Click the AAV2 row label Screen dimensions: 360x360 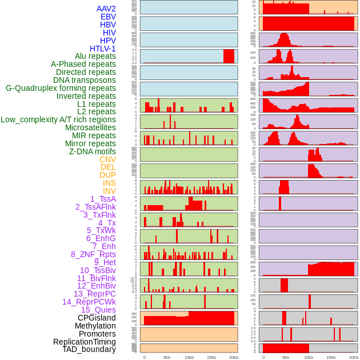coord(106,9)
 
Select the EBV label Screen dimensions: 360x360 coord(108,17)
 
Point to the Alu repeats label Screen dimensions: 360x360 coord(95,57)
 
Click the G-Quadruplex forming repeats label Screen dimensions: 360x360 coord(61,88)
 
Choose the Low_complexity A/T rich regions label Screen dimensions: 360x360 coord(58,119)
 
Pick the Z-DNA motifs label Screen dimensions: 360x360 coord(93,151)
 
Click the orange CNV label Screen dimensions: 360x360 coord(107,159)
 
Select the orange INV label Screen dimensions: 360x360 coord(109,191)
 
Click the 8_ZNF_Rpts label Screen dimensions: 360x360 coord(93,254)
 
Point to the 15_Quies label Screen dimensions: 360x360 coord(98,310)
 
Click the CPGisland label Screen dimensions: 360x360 coord(97,318)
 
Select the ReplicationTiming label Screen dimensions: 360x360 coord(85,342)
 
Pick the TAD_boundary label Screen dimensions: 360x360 coord(89,349)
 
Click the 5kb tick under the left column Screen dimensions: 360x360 coord(167,357)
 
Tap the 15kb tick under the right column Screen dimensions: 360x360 coord(331,357)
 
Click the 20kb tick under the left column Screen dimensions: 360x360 coord(233,357)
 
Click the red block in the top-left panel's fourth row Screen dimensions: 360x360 coord(229,56)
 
